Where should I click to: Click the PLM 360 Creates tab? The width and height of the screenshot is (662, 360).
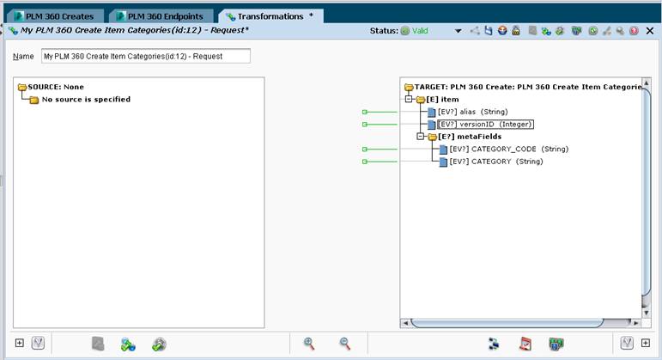54,16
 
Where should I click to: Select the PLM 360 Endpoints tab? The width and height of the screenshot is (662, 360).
161,16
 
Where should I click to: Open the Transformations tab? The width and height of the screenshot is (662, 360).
271,16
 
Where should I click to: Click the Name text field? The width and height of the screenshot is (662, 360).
146,56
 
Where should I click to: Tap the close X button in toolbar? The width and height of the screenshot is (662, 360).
650,31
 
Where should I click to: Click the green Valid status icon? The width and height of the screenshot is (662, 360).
405,31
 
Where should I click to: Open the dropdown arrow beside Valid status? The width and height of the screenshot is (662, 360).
459,31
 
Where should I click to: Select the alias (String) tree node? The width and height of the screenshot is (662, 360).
472,112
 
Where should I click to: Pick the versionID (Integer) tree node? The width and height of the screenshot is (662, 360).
485,125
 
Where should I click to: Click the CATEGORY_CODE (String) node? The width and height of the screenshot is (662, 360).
509,149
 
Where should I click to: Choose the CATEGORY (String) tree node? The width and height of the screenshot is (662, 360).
496,162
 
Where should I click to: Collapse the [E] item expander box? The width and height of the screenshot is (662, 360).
408,100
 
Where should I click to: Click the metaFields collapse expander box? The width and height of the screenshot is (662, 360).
420,137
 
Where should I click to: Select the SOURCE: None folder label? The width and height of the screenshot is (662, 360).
56,87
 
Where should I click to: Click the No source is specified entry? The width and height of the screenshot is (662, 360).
86,100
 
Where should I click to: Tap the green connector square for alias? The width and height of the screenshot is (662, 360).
365,112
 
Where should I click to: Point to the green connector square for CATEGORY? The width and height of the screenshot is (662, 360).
365,162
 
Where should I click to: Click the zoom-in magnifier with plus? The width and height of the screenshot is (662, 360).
309,344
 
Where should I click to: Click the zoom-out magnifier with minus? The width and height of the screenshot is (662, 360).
345,344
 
